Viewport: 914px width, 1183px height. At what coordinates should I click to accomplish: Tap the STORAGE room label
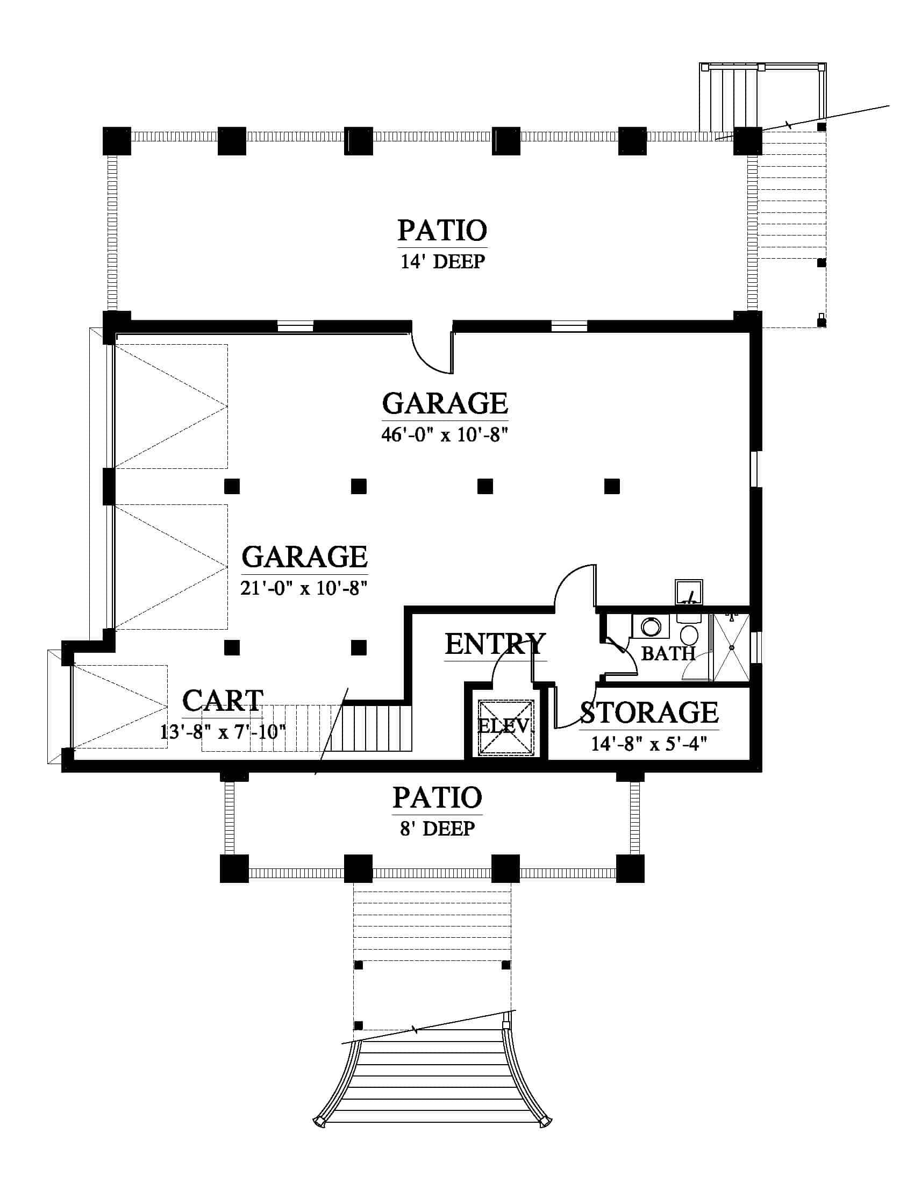click(649, 712)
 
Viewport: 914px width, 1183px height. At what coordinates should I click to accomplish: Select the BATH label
click(668, 653)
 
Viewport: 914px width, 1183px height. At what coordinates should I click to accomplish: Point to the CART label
click(223, 701)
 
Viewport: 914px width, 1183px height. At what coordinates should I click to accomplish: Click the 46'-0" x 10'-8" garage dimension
click(445, 434)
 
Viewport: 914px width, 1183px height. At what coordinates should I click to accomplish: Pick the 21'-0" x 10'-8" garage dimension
click(304, 588)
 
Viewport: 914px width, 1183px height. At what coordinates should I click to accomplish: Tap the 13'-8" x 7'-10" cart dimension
click(223, 732)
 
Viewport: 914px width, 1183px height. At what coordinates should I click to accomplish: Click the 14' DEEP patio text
click(443, 262)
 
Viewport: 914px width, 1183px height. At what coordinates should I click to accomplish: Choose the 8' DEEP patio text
click(438, 829)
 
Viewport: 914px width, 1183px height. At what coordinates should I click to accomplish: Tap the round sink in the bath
click(651, 627)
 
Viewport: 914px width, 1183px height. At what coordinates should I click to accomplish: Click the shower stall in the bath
click(731, 647)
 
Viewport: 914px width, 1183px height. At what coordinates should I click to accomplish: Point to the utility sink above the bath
click(689, 592)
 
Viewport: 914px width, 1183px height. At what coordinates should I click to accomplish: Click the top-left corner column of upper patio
click(117, 141)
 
